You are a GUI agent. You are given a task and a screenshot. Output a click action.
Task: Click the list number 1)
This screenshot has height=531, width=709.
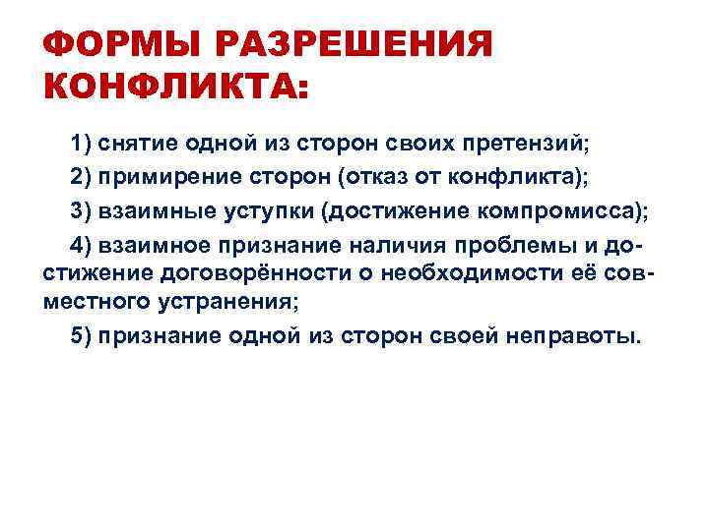pos(82,145)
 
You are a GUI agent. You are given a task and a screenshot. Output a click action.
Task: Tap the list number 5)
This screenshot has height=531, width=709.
pos(82,334)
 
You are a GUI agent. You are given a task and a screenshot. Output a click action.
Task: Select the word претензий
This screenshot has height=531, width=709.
pos(532,145)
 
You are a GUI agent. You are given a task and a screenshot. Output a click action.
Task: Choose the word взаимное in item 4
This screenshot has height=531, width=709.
pos(148,242)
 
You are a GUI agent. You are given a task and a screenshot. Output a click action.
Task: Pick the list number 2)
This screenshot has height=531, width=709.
pos(82,177)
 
